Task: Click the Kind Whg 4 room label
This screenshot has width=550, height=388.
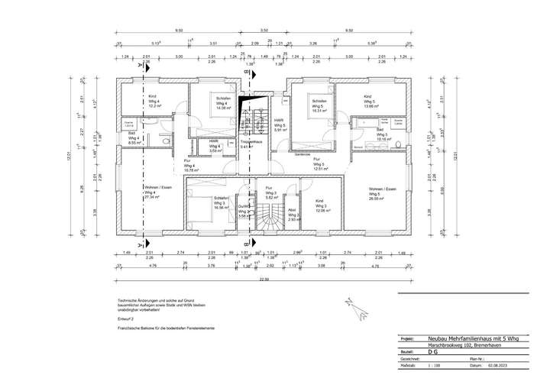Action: pos(154,101)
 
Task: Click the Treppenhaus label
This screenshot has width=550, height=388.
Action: pos(251,144)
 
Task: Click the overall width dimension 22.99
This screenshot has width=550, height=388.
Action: pos(264,280)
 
